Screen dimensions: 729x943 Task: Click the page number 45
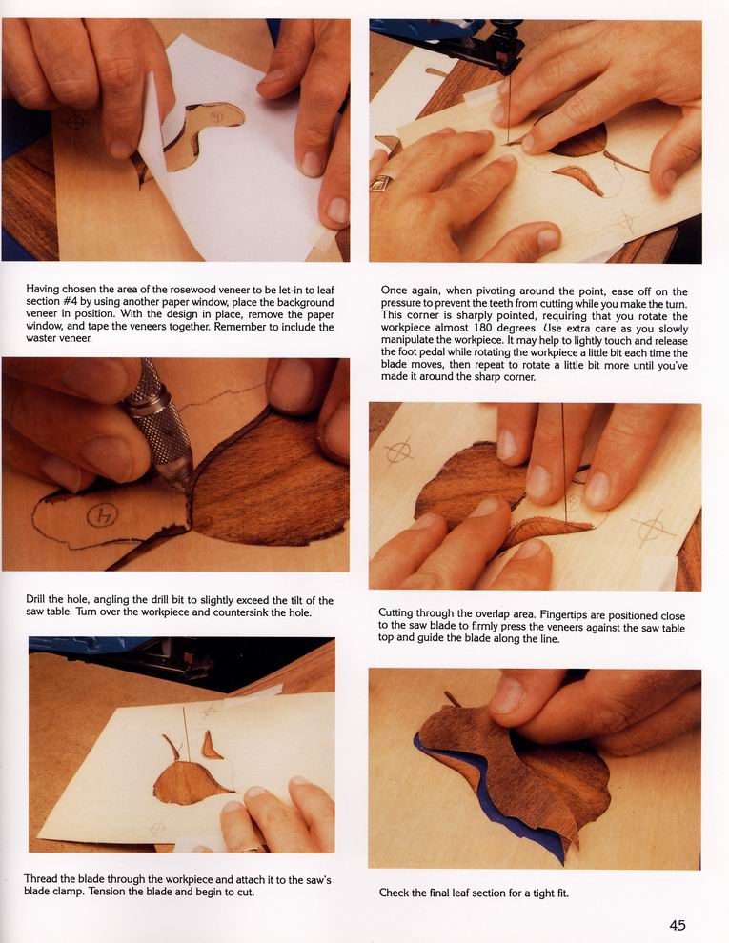678,925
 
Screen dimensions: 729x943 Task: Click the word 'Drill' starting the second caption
35,599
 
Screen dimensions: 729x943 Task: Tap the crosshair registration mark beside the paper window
74,120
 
